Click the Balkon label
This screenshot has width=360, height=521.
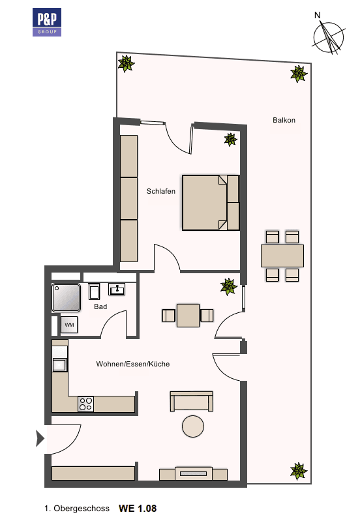click(x=284, y=120)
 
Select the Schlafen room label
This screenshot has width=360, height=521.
click(x=161, y=191)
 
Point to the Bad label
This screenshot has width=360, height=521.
click(x=100, y=306)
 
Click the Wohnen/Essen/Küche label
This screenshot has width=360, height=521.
click(x=132, y=364)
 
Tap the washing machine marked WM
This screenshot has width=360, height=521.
click(x=69, y=323)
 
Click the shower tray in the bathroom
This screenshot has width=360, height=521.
click(x=66, y=297)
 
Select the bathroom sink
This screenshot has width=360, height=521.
click(x=118, y=288)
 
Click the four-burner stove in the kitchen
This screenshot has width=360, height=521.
click(x=85, y=404)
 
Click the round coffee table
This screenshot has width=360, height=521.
click(x=193, y=426)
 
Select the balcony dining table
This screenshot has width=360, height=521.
click(x=282, y=256)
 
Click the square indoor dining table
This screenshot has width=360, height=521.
click(x=188, y=316)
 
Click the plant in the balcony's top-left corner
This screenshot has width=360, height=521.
click(x=126, y=63)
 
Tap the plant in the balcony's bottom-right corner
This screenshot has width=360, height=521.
click(x=298, y=471)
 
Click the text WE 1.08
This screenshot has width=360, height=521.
click(x=138, y=507)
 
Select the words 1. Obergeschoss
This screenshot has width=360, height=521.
click(x=77, y=507)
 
